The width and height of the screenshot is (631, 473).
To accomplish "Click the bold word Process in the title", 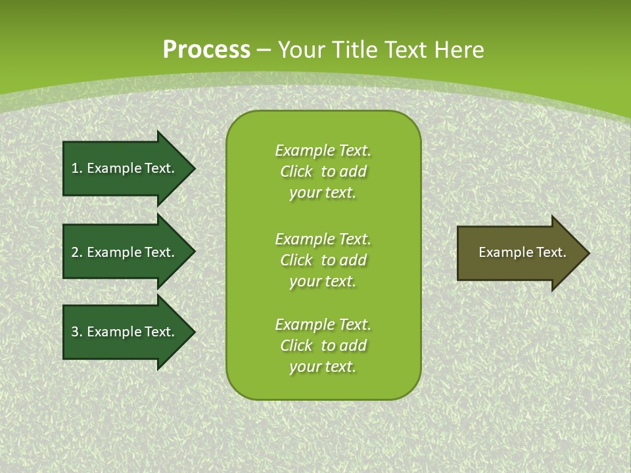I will point(206,50).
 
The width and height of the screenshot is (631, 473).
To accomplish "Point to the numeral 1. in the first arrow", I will point(76,168).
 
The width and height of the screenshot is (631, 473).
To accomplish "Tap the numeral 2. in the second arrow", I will point(76,252).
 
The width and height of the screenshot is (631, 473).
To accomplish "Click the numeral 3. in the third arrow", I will point(76,332).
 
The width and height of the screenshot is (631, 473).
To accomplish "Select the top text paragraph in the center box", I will point(323,171).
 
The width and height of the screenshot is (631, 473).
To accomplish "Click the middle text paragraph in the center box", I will point(323,259).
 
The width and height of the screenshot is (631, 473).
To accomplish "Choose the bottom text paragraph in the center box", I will point(323,346).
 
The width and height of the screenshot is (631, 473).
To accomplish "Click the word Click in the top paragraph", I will point(296,171).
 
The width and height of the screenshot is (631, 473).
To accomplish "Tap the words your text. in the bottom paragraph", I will point(323,367).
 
